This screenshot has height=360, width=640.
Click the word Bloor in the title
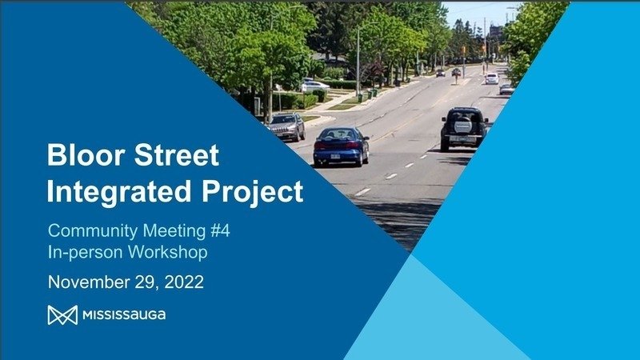[x=86, y=154]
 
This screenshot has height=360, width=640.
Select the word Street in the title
[x=177, y=154]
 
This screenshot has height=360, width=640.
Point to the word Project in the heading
[x=253, y=190]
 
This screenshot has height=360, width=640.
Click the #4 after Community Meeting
[x=221, y=230]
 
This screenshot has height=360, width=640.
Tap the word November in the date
[x=89, y=282]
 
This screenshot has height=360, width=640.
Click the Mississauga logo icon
[x=62, y=315]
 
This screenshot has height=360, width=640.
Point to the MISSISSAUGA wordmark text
[x=124, y=315]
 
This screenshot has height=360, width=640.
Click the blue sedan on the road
[x=342, y=146]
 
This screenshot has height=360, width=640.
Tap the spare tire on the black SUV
[x=463, y=126]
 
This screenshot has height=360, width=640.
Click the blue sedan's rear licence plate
[x=335, y=156]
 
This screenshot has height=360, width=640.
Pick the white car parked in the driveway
[x=314, y=86]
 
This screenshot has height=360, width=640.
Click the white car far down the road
[x=492, y=78]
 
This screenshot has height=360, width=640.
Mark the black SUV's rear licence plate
[x=462, y=139]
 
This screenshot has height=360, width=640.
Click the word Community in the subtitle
[x=93, y=231]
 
